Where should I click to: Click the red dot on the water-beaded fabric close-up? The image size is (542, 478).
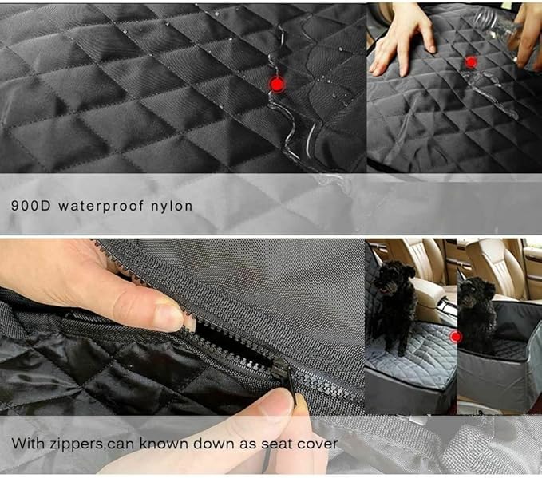click(x=277, y=84)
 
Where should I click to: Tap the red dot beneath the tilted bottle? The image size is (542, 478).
click(x=471, y=62)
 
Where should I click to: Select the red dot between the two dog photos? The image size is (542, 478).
click(x=456, y=337)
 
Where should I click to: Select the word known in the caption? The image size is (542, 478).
click(x=166, y=443)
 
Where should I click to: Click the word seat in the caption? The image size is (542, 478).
click(x=275, y=443)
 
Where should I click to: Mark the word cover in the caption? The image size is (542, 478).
click(x=318, y=443)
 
